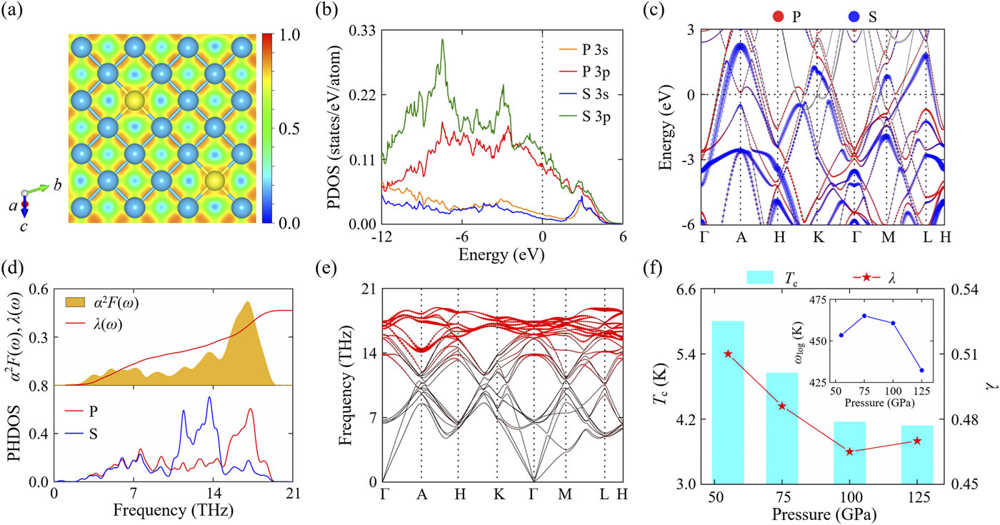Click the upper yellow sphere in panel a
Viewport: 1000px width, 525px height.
tap(134, 101)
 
